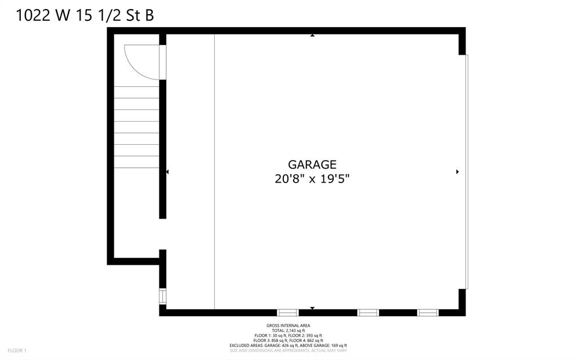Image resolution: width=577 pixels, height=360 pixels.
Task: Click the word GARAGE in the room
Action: coord(312,164)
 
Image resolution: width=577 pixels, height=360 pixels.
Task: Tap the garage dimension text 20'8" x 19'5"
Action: coord(312,179)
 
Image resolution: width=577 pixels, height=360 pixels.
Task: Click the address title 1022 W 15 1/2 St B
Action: coord(85,15)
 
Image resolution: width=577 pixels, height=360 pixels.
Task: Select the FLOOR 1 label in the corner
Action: coord(17,351)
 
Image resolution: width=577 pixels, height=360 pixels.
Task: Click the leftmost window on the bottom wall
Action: coord(288,313)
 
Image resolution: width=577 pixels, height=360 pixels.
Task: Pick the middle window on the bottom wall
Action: coord(368,313)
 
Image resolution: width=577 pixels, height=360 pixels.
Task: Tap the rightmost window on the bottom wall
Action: coord(428,313)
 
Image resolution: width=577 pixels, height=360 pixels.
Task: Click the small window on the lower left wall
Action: coord(163,296)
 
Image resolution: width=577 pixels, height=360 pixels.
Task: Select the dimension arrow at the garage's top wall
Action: coord(312,35)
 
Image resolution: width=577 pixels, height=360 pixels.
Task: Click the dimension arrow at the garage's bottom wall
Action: coord(312,308)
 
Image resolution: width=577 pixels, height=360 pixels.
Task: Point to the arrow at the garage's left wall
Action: coord(167,172)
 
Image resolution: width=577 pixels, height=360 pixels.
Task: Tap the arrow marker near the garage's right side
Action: coord(458,172)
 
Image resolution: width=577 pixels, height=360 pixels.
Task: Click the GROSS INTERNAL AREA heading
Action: coord(288,326)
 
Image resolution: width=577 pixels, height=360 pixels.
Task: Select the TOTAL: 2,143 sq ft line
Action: coord(288,331)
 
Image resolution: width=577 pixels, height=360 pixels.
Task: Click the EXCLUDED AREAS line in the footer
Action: coord(288,346)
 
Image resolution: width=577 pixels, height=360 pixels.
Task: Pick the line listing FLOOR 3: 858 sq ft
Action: coord(288,340)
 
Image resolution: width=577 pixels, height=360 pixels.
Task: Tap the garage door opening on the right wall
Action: coord(467,172)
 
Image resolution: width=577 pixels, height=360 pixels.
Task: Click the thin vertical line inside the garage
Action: coord(215,172)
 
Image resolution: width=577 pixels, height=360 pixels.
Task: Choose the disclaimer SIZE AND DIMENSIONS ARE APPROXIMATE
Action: coord(288,350)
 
